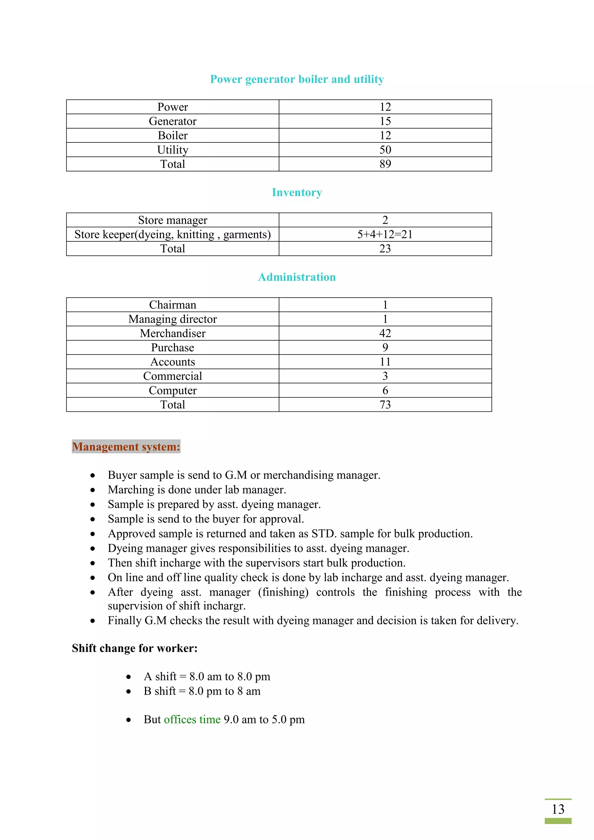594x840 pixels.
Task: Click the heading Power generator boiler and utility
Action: (x=297, y=80)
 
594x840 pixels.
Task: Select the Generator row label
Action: (x=172, y=121)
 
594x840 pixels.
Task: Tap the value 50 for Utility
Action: (x=385, y=150)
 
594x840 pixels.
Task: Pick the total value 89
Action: (x=385, y=164)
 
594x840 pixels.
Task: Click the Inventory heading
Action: (x=297, y=192)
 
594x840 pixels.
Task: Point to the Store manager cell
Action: (x=172, y=220)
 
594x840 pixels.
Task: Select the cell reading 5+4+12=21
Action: (x=385, y=234)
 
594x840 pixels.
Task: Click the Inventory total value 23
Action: (x=385, y=249)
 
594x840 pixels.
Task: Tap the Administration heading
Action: (x=297, y=277)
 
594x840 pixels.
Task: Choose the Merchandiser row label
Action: (x=172, y=333)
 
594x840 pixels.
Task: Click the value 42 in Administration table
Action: (x=385, y=333)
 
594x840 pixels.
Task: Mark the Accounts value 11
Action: (x=385, y=362)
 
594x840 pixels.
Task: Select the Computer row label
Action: (x=172, y=390)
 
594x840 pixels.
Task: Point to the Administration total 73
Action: (x=385, y=405)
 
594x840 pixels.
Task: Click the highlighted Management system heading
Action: (x=126, y=447)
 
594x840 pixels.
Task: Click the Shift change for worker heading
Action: (x=135, y=648)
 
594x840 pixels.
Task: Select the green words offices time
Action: (x=192, y=719)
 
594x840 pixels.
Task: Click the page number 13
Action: (x=558, y=809)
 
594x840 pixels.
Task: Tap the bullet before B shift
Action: (x=128, y=691)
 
